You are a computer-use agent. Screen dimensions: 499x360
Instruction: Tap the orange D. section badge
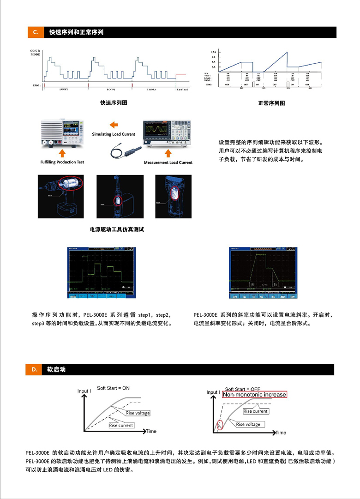click(35, 370)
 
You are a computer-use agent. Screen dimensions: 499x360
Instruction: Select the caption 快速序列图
click(114, 103)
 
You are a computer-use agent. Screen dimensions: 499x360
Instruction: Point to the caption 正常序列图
click(271, 103)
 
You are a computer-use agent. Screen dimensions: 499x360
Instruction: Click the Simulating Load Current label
click(114, 134)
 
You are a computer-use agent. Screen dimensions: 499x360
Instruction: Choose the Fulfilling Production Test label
click(62, 162)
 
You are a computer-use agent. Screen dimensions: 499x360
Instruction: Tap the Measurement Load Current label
click(168, 162)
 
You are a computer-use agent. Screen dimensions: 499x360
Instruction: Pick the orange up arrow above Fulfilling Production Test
click(62, 153)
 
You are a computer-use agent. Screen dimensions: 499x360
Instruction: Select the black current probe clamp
click(125, 150)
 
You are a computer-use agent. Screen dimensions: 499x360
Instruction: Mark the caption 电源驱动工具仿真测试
click(117, 229)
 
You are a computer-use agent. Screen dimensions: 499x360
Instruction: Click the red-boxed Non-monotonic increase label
click(255, 395)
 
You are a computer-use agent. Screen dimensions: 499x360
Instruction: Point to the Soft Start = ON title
click(113, 388)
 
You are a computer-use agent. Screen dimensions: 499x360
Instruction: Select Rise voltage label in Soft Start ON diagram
click(138, 413)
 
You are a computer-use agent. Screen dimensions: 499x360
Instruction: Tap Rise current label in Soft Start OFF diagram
click(255, 411)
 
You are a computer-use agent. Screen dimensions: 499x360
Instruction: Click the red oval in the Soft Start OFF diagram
click(220, 424)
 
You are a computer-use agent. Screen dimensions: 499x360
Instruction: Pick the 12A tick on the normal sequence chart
click(214, 52)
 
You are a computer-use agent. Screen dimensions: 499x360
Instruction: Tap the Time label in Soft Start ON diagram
click(151, 432)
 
